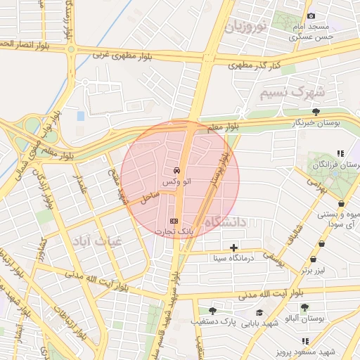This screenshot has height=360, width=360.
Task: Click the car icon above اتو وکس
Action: point(174,171)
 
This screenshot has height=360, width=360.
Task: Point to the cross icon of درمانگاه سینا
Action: point(233,247)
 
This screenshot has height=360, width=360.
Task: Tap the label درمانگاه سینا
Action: point(234,258)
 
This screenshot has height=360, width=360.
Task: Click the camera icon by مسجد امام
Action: point(311,15)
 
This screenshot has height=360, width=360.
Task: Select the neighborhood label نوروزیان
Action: point(246,28)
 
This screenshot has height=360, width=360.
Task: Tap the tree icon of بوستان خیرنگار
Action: point(316,111)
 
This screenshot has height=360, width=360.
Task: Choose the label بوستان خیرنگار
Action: point(317,122)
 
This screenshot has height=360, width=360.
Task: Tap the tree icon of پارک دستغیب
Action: point(212,310)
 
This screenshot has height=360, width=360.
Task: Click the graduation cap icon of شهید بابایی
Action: point(259,312)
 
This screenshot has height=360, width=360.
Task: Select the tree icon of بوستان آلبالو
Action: point(304,307)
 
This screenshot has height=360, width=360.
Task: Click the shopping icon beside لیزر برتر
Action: point(321,245)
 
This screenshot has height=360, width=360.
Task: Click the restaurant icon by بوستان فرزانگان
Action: point(340,153)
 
